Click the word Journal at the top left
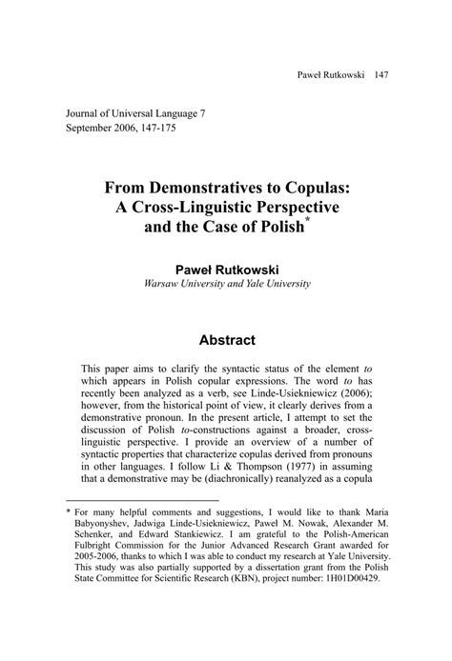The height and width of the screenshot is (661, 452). (x=85, y=112)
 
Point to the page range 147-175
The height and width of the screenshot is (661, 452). (x=189, y=128)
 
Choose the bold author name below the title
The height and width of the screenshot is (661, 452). (x=225, y=269)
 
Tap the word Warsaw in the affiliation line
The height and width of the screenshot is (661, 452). (x=164, y=284)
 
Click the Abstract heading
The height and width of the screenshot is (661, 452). (x=225, y=339)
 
